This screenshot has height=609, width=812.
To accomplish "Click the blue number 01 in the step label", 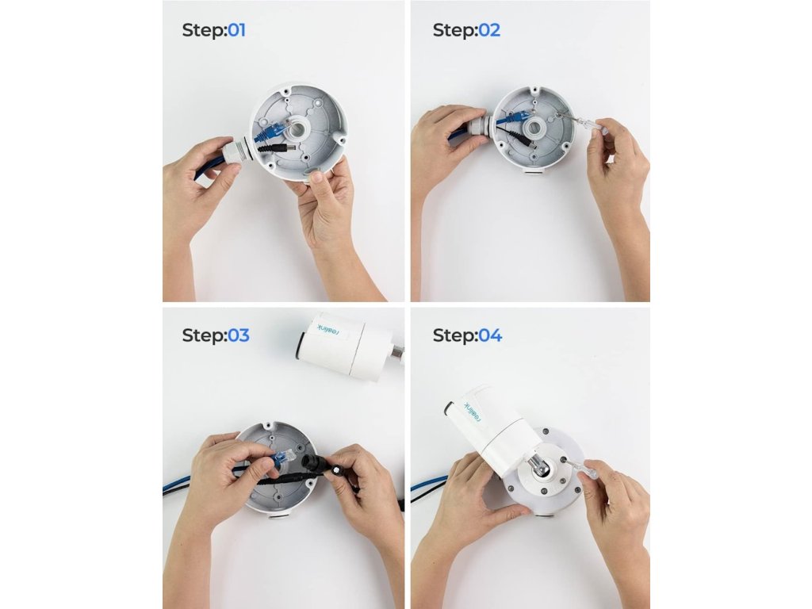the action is pos(236,30).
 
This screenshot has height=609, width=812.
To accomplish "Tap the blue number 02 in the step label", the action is pos(489,30).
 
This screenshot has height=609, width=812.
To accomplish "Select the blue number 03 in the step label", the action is pos(239,335).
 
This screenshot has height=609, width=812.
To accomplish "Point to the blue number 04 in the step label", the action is pos(490,335).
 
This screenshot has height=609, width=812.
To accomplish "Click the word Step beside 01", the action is pos(205,31).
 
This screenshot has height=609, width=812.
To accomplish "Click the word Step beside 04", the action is pos(455,335).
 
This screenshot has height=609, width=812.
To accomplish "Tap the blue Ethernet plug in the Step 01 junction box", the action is pos(270,132).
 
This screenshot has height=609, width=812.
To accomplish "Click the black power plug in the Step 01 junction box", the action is pos(278,148).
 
